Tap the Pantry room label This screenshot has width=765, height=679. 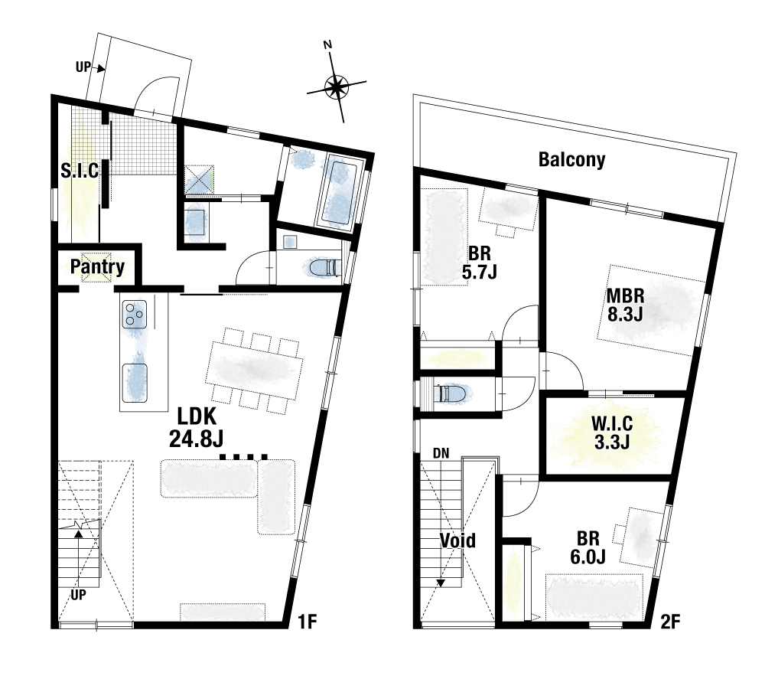pyautogui.click(x=98, y=266)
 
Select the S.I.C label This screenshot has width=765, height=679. pyautogui.click(x=80, y=171)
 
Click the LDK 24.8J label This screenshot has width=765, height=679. pyautogui.click(x=196, y=428)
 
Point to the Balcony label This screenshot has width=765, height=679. pyautogui.click(x=571, y=160)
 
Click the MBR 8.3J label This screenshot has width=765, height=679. pyautogui.click(x=625, y=305)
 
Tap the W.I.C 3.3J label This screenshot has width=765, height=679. pyautogui.click(x=612, y=432)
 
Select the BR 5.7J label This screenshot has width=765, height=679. pyautogui.click(x=479, y=263)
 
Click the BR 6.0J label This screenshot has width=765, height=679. pyautogui.click(x=588, y=547)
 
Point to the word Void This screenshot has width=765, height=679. pyautogui.click(x=457, y=540)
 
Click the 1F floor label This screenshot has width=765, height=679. pyautogui.click(x=308, y=622)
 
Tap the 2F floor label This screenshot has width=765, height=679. pyautogui.click(x=670, y=622)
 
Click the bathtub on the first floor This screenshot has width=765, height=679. pyautogui.click(x=340, y=192)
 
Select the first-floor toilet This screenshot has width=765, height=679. pyautogui.click(x=324, y=268)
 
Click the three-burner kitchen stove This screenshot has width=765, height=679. pyautogui.click(x=135, y=314)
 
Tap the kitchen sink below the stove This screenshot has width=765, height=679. pyautogui.click(x=135, y=384)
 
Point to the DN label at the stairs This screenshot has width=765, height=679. pyautogui.click(x=441, y=453)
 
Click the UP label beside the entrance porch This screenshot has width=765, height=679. pyautogui.click(x=83, y=67)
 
